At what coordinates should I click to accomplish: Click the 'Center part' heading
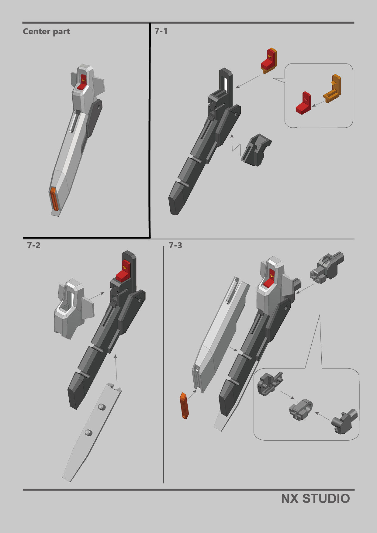[46, 32]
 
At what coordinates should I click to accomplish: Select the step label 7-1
[161, 31]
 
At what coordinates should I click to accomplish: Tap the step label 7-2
[33, 245]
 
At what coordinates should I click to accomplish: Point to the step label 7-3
[175, 245]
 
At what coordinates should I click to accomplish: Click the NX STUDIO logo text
[315, 499]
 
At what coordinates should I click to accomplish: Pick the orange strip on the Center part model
[54, 199]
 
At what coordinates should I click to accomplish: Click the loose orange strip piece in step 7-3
[184, 405]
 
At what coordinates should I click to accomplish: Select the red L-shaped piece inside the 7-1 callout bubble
[303, 104]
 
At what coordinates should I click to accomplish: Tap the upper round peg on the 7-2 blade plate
[102, 407]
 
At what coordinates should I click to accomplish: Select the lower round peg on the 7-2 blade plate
[89, 432]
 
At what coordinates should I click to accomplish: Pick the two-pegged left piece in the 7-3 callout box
[269, 384]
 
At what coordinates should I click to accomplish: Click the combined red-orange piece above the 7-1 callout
[269, 61]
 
